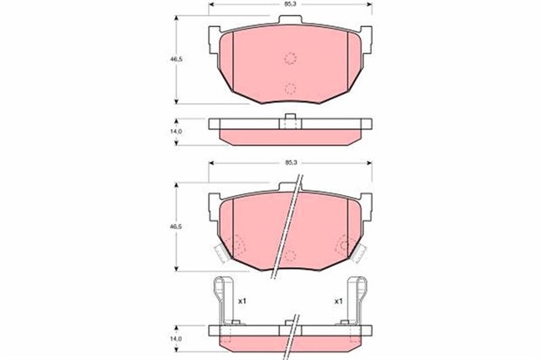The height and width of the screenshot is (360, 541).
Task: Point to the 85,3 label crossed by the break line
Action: point(290,161)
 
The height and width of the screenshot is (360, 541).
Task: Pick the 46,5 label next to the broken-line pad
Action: point(178,227)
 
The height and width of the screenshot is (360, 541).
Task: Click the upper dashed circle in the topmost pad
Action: point(290,58)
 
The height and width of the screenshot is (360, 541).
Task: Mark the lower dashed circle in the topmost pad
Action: point(290,88)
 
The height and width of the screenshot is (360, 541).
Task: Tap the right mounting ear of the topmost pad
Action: point(366,34)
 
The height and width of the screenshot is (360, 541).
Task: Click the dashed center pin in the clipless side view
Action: point(290,123)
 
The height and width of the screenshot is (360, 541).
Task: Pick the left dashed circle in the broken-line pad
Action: point(236,245)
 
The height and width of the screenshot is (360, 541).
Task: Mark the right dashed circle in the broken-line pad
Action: point(345,245)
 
